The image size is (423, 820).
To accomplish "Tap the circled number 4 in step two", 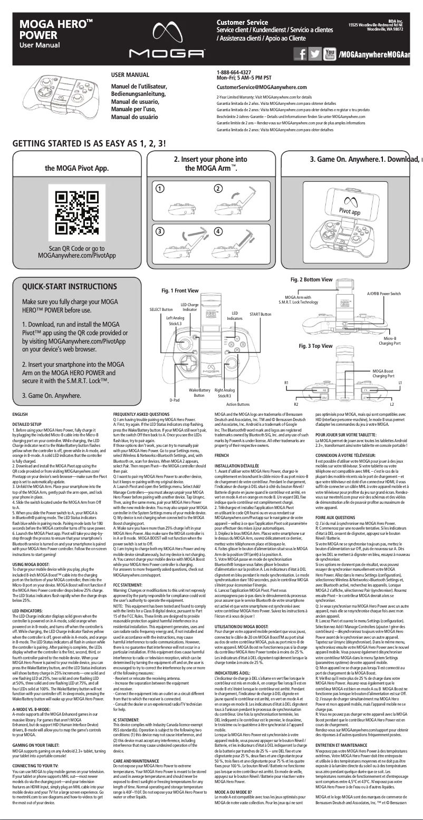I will [x=217, y=232].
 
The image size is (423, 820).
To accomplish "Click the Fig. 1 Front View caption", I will [x=180, y=291].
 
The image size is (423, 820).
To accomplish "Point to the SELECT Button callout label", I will [x=161, y=309].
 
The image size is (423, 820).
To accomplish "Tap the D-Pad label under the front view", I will [x=174, y=401].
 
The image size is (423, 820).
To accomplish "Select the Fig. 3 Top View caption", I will [x=316, y=346].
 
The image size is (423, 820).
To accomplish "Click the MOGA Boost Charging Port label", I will [x=383, y=374].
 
